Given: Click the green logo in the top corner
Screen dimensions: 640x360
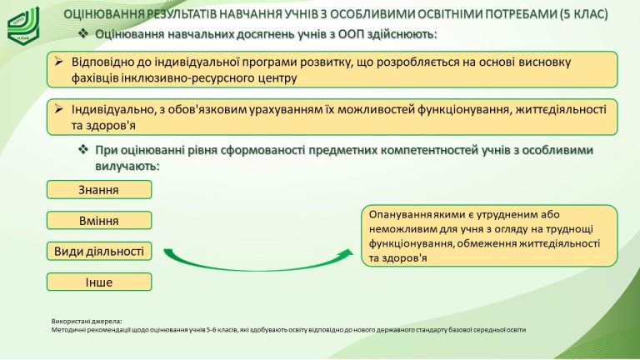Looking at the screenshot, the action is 23,25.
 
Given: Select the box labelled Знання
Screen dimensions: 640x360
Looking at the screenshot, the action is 99,190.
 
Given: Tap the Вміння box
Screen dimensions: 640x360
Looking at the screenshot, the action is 99,220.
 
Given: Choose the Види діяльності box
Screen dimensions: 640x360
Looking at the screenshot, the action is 99,251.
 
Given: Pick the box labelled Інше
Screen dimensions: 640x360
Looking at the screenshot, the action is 99,282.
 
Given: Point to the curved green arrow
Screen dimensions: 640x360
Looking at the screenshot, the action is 257,265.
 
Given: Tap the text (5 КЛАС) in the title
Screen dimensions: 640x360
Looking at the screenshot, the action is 583,14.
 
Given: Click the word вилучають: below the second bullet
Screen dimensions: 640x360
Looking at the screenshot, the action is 127,166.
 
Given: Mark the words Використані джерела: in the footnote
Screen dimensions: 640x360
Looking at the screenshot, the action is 87,321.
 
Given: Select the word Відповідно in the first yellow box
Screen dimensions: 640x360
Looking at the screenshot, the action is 100,62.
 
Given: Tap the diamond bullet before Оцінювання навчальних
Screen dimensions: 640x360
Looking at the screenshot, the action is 83,33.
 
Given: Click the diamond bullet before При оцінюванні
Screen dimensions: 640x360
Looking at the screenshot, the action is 83,149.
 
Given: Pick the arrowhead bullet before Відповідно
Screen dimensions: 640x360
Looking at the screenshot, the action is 59,62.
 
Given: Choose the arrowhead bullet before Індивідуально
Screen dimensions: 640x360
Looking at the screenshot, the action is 59,109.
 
